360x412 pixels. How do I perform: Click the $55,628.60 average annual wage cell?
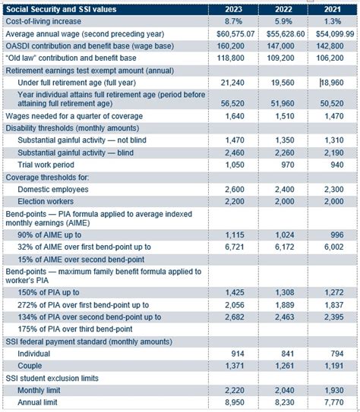[x=282, y=34]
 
